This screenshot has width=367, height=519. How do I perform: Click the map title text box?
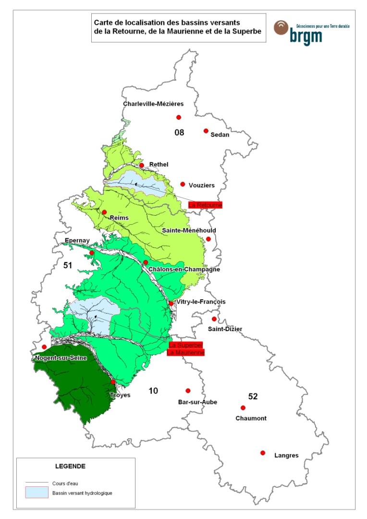tap(178, 27)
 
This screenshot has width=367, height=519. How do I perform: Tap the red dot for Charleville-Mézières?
tap(178, 117)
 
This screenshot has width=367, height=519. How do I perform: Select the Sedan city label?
tap(220, 135)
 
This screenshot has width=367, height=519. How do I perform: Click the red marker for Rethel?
tap(142, 165)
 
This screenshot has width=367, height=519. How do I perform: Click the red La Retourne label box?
tap(205, 205)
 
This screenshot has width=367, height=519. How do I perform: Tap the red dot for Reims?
tap(104, 212)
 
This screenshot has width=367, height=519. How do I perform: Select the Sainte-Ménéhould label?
tap(189, 231)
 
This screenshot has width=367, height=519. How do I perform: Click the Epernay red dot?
tap(92, 253)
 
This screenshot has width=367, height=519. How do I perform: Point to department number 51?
tap(67, 265)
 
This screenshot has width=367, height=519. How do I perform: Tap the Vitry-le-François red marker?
tap(171, 303)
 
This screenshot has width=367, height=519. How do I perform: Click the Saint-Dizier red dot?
tap(214, 319)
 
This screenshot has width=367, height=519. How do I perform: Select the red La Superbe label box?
tap(186, 346)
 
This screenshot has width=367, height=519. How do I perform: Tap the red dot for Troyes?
tap(113, 382)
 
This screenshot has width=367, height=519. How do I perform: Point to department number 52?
tap(253, 396)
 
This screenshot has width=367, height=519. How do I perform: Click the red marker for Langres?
tap(263, 453)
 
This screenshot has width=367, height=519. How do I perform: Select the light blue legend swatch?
tap(37, 493)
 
